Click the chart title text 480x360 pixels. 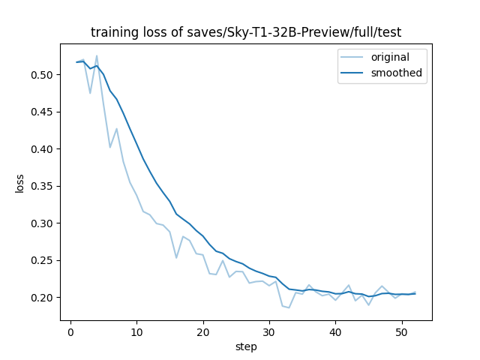point(246,32)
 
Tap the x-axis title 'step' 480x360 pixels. point(246,346)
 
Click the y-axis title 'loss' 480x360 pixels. point(19,183)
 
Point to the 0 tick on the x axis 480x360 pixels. point(70,331)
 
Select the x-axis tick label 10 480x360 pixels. point(136,331)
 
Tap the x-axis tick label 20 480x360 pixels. point(202,331)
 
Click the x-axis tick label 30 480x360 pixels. point(269,331)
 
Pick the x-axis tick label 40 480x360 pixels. point(335,331)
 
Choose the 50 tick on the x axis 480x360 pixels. point(401,331)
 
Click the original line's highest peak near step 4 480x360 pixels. point(97,55)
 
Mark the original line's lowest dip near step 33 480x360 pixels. point(289,307)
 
